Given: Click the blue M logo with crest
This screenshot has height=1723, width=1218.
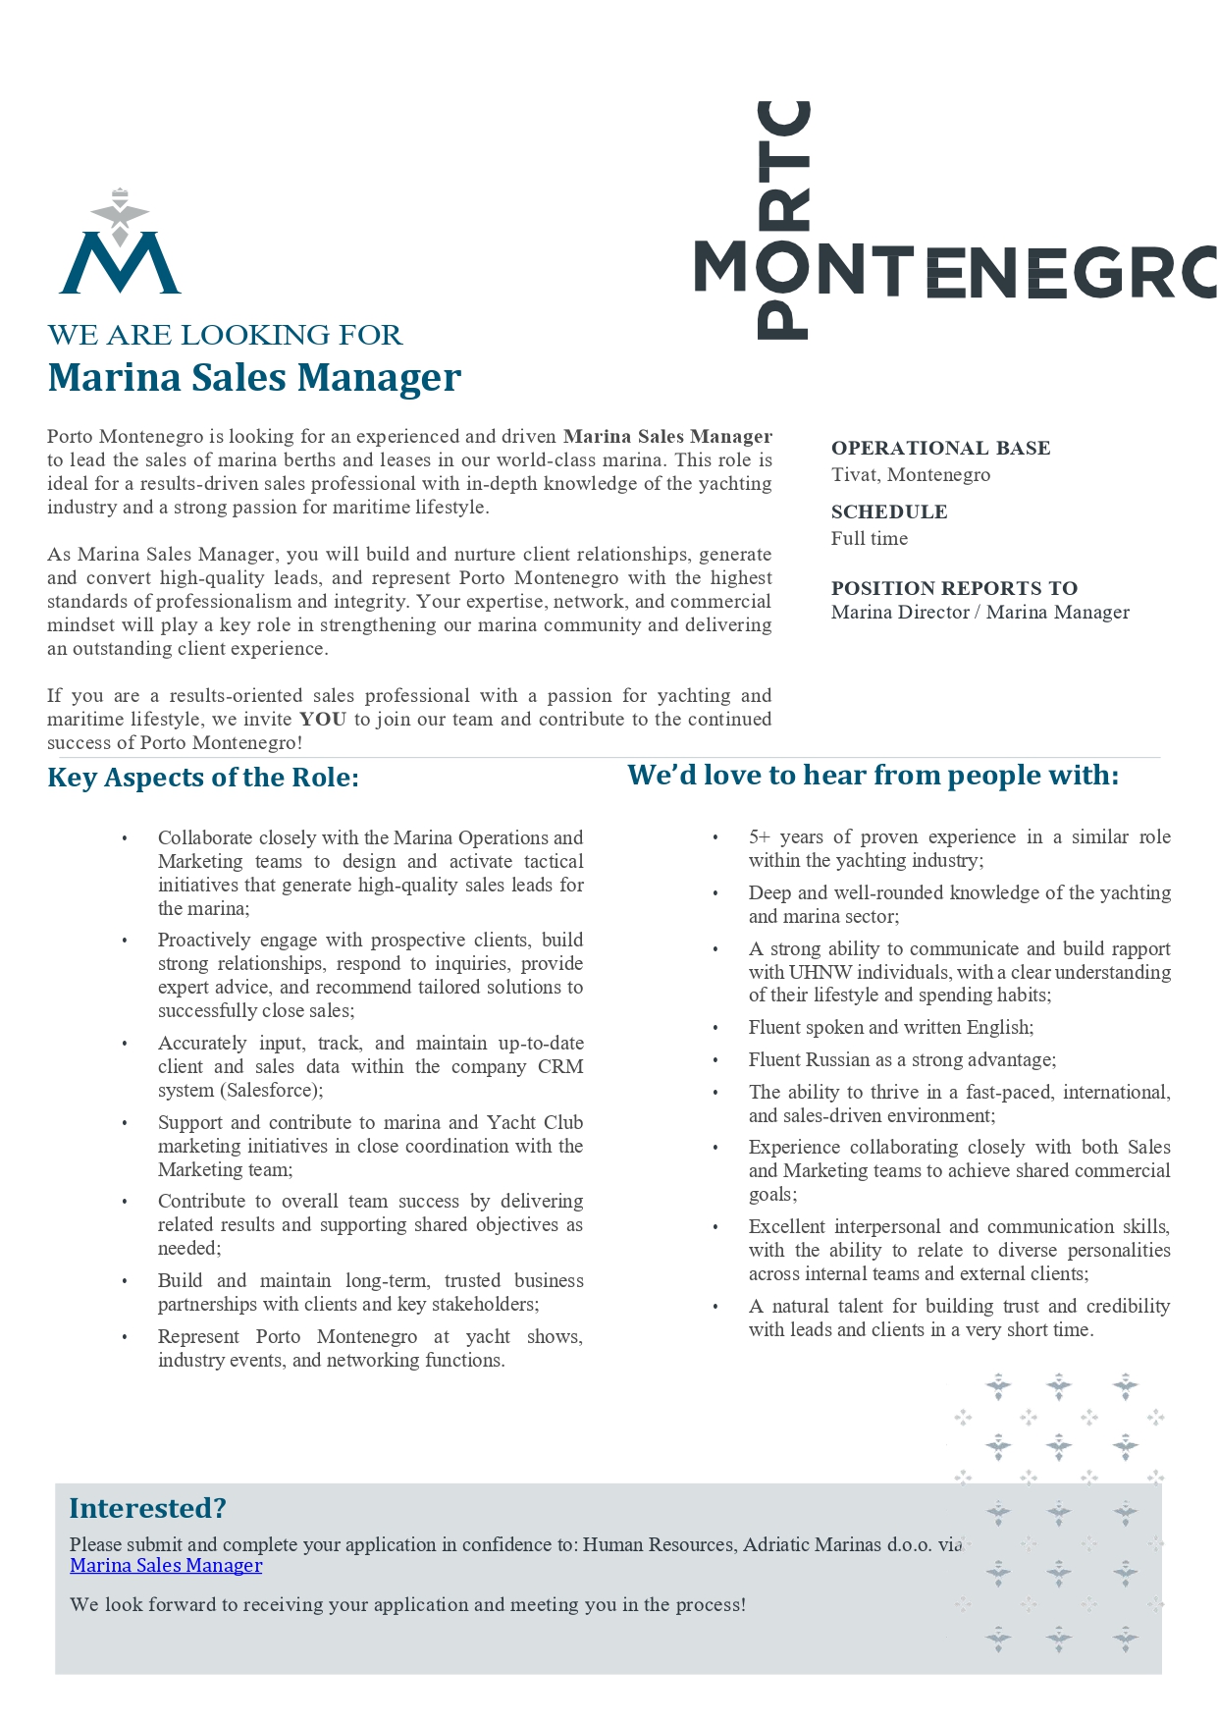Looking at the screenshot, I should click(x=120, y=245).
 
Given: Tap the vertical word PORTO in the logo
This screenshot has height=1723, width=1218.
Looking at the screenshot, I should click(x=783, y=220).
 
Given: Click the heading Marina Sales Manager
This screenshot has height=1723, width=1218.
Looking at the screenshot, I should click(x=254, y=378).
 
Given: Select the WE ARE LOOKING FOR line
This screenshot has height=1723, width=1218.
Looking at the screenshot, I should click(x=225, y=335).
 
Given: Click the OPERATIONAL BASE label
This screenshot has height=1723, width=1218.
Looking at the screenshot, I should click(x=940, y=449).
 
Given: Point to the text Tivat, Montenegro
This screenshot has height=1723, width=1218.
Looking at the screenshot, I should click(x=910, y=475).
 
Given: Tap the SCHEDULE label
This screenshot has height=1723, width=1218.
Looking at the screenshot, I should click(x=888, y=512).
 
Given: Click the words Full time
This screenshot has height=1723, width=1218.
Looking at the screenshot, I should click(x=869, y=539).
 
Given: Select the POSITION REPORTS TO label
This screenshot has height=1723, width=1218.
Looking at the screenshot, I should click(x=953, y=588).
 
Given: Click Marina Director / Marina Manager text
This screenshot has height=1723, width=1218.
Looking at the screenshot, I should click(x=980, y=613).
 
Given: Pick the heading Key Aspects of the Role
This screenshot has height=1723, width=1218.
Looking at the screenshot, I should click(x=203, y=778).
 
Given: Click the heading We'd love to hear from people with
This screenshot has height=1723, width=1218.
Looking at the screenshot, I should click(x=873, y=776).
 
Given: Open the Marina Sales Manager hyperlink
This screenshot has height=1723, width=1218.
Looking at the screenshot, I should click(x=166, y=1566).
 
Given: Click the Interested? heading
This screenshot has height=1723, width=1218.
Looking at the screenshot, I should click(x=147, y=1509).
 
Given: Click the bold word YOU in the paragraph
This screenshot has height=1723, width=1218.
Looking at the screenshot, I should click(x=323, y=720).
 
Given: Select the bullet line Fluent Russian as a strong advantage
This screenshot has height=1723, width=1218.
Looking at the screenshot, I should click(x=901, y=1060).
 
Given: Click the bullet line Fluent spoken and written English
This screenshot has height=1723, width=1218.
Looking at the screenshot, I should click(x=890, y=1028).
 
